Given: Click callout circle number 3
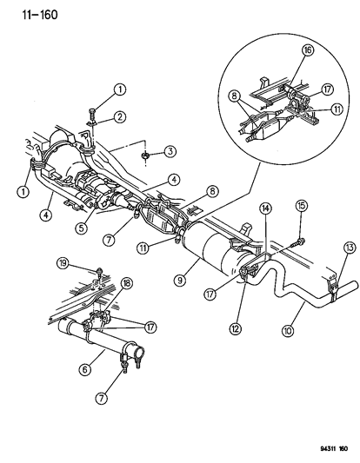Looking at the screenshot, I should click(170, 152).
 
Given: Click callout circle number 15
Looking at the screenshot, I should click(301, 229).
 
